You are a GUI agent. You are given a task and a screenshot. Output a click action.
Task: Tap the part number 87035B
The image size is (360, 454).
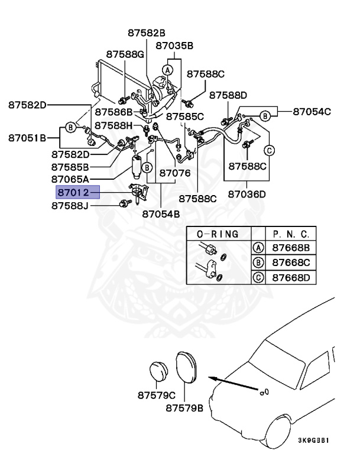coord(174,45)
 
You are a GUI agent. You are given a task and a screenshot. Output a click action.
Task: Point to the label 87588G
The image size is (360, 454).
coord(125,54)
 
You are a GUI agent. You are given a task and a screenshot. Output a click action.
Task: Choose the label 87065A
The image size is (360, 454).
coord(70,179)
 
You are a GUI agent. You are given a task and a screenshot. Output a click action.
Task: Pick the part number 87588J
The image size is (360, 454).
coord(70,206)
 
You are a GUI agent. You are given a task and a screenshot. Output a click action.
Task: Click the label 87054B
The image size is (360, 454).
coord(161,214)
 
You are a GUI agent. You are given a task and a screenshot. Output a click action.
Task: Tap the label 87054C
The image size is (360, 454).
coord(312,111)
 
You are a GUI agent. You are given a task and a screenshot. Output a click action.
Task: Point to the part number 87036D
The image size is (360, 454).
coord(247,194)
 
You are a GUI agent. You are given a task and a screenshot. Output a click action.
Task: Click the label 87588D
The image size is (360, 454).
coord(228,95)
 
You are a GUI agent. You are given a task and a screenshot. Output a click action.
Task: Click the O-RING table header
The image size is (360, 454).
coord(218,234)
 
